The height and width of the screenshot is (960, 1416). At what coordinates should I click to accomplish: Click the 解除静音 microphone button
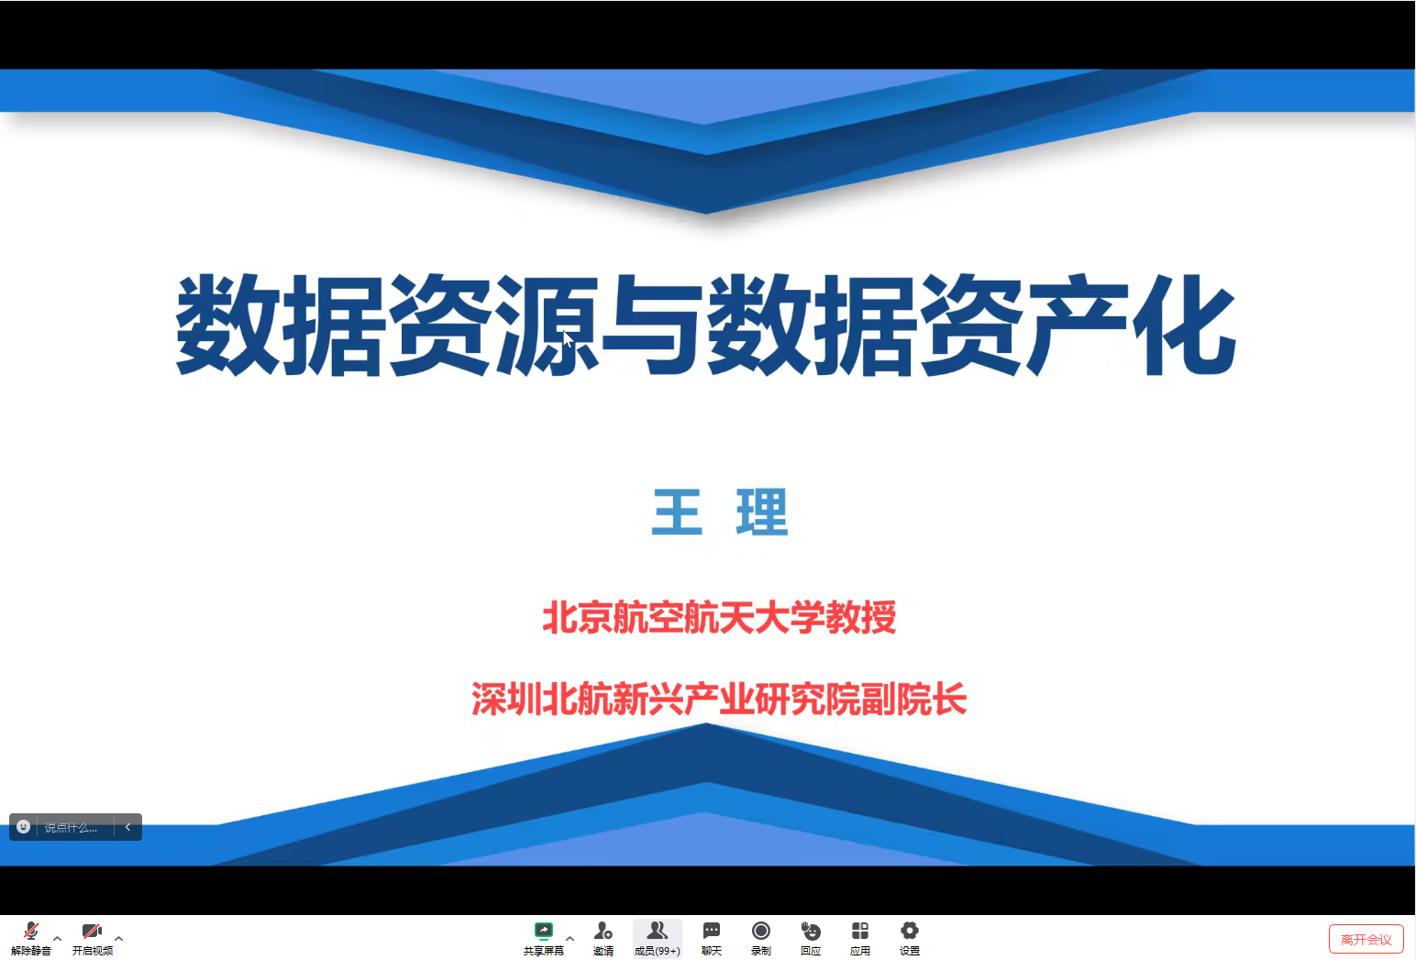30,938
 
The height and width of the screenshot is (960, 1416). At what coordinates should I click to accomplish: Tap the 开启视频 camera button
93,938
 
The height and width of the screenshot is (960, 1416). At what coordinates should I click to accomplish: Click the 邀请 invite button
603,938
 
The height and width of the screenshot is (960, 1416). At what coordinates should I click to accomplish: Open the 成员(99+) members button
657,938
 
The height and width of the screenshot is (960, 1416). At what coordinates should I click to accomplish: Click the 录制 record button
760,938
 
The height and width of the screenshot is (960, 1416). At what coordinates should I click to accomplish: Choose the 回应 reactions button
811,938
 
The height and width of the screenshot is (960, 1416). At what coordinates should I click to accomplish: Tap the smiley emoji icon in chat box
24,827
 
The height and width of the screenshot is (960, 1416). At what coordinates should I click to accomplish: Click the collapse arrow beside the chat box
127,827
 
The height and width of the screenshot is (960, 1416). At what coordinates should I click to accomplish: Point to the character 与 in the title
652,326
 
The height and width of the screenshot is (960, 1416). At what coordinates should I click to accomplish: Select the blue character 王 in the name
677,512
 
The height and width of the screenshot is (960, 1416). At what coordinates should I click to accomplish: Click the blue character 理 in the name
762,512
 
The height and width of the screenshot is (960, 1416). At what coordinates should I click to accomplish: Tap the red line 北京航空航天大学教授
719,617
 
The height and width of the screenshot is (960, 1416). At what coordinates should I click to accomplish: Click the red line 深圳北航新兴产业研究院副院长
719,699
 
